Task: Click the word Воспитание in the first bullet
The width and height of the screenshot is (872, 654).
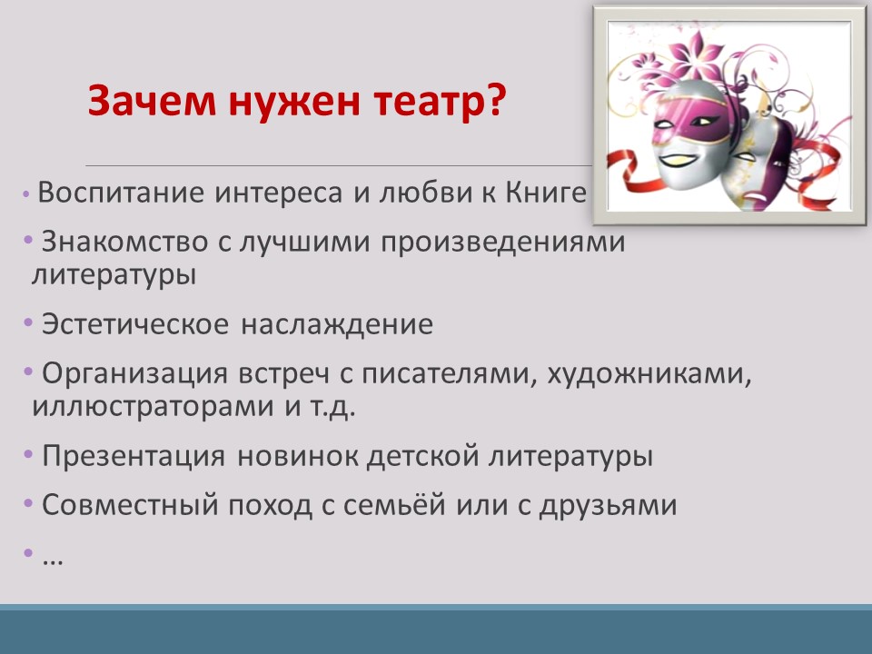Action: (121, 193)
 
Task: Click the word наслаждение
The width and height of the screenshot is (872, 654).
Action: (337, 325)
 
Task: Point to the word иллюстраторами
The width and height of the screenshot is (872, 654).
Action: (146, 406)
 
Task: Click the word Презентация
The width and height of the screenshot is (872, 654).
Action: (134, 456)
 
